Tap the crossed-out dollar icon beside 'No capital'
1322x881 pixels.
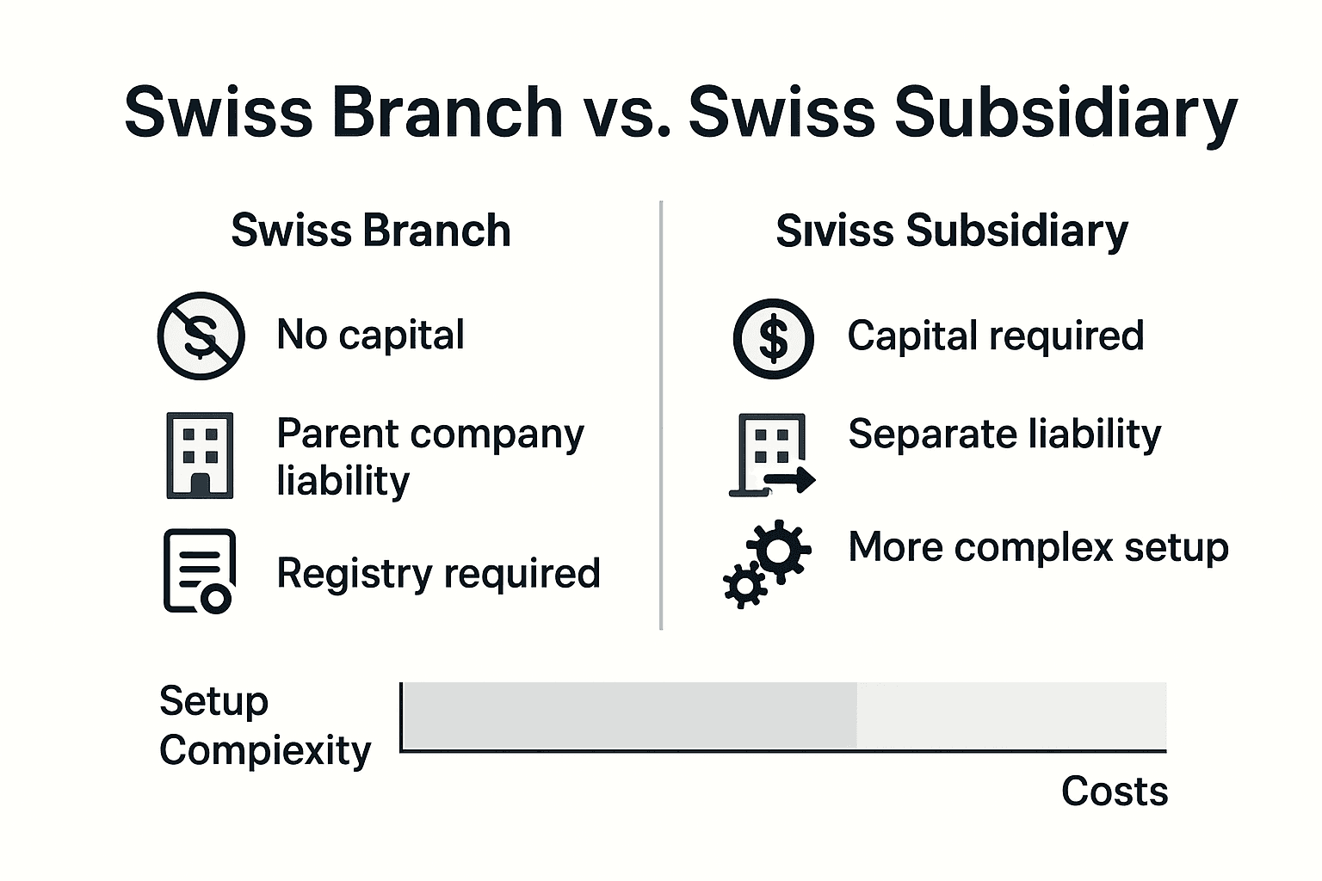[x=201, y=336]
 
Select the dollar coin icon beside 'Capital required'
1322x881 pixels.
[x=773, y=338]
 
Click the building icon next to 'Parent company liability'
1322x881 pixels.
[x=200, y=455]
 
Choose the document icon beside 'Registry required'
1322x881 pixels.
[x=199, y=571]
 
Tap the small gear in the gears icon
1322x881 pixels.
[x=744, y=587]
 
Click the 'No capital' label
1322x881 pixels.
[x=370, y=335]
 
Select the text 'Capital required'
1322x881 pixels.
[x=995, y=336]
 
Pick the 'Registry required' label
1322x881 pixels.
[x=438, y=573]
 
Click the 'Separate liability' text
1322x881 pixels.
[x=1004, y=434]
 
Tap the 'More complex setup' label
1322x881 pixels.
[x=1038, y=547]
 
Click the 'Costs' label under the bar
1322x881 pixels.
[x=1114, y=791]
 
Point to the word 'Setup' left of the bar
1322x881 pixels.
[x=213, y=701]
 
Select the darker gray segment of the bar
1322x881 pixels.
[x=629, y=716]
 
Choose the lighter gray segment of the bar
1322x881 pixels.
[x=1011, y=716]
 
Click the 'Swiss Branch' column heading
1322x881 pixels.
[x=371, y=231]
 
